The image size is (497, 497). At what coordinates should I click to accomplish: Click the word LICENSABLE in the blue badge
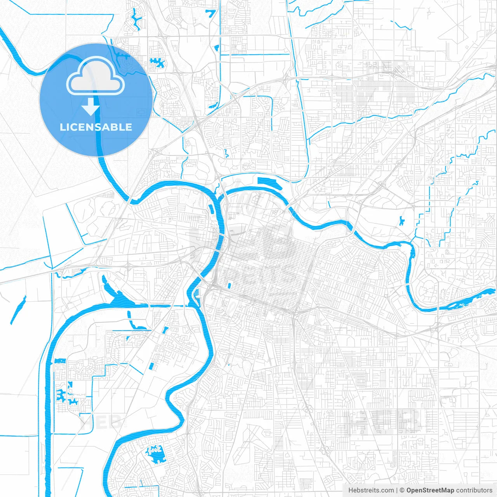(96, 127)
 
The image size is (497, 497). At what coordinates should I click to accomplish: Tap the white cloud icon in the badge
(96, 76)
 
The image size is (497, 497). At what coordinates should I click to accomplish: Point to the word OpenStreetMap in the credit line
(430, 490)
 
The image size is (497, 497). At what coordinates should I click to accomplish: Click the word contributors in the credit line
(474, 490)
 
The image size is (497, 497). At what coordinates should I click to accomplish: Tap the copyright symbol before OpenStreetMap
(402, 490)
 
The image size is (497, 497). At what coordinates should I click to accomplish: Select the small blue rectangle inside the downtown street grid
(229, 286)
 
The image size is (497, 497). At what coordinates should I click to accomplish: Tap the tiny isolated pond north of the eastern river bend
(401, 221)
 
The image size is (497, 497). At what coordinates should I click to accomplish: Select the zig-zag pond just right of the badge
(157, 62)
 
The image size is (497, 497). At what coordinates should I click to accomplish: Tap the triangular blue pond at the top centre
(211, 13)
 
